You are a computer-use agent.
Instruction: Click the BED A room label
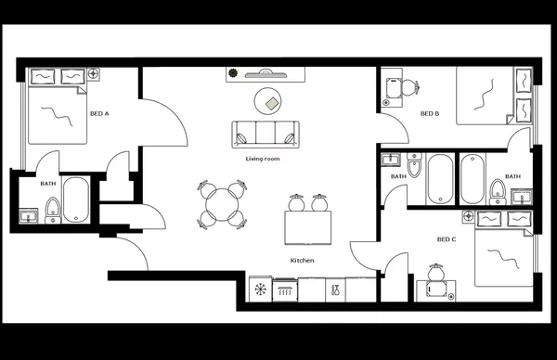click(99, 113)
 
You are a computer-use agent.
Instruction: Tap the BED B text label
click(429, 114)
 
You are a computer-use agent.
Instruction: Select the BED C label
click(447, 239)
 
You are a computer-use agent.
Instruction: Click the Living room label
click(263, 159)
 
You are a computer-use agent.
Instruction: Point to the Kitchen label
click(303, 261)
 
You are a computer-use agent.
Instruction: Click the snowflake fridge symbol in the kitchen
click(261, 290)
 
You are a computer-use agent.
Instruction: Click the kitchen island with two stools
click(308, 224)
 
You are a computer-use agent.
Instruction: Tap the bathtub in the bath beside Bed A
click(76, 199)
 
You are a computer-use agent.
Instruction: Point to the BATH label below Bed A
click(47, 183)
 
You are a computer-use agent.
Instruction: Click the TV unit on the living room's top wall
click(264, 73)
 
